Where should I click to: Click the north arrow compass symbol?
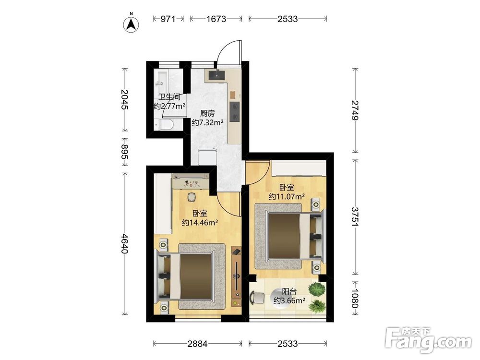pyautogui.click(x=131, y=24)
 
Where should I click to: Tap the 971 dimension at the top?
pyautogui.click(x=168, y=19)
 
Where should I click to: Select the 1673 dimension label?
pyautogui.click(x=216, y=19)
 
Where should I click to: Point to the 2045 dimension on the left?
pyautogui.click(x=124, y=99)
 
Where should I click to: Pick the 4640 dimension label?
pyautogui.click(x=124, y=244)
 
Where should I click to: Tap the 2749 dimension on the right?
pyautogui.click(x=355, y=110)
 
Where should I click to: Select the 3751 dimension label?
pyautogui.click(x=355, y=217)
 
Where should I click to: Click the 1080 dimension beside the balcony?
pyautogui.click(x=355, y=299)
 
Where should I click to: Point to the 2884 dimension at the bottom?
pyautogui.click(x=197, y=344)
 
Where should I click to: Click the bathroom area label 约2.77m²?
pyautogui.click(x=169, y=106)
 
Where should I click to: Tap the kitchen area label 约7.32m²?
pyautogui.click(x=207, y=123)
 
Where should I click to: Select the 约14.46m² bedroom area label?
pyautogui.click(x=200, y=223)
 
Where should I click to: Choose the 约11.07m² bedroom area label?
pyautogui.click(x=287, y=196)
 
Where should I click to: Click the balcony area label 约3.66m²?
pyautogui.click(x=289, y=300)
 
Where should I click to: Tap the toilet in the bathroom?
pyautogui.click(x=164, y=125)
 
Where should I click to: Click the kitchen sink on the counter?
pyautogui.click(x=217, y=75)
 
